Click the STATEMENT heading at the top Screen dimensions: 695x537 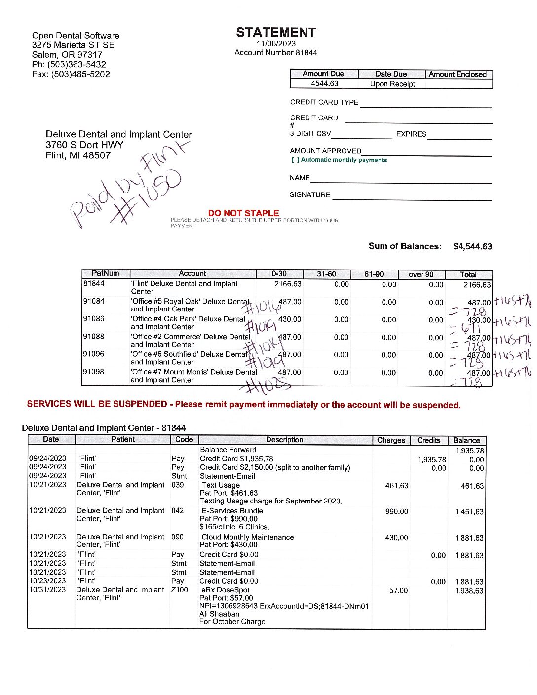click(x=276, y=33)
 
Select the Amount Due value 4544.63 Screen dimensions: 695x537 click(x=324, y=84)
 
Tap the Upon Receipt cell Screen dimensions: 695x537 click(x=392, y=84)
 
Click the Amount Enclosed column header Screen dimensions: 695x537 click(x=458, y=74)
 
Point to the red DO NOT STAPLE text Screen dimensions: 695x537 click(x=243, y=213)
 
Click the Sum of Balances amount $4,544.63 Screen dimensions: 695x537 click(x=472, y=246)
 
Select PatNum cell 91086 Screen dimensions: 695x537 click(x=94, y=319)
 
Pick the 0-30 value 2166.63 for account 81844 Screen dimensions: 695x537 click(x=288, y=284)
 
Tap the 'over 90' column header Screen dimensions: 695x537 click(x=421, y=274)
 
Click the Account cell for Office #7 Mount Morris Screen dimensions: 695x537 click(x=193, y=376)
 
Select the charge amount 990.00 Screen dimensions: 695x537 click(x=396, y=511)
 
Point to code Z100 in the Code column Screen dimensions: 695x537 click(x=180, y=590)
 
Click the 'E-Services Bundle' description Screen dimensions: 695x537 click(x=232, y=511)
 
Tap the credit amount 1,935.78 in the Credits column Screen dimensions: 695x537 click(x=431, y=459)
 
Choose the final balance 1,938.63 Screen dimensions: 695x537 click(x=469, y=591)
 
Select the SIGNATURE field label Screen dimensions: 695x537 click(x=310, y=195)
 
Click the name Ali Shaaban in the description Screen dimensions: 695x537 click(x=219, y=614)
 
